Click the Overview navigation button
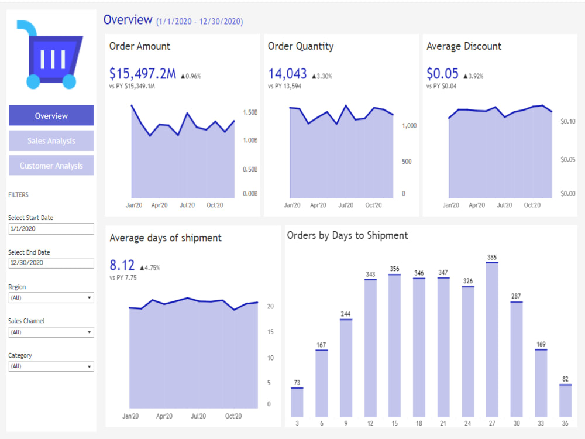tap(51, 115)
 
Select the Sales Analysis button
tap(51, 140)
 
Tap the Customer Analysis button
tap(51, 166)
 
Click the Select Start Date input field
tap(51, 229)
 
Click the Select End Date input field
tap(51, 263)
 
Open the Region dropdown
tap(51, 297)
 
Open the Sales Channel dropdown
tap(51, 332)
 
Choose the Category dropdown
tap(51, 366)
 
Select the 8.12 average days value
tap(122, 265)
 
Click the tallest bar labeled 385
tap(492, 339)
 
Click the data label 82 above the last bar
tap(565, 379)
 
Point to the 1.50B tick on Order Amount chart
tap(250, 112)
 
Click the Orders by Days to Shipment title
tap(347, 235)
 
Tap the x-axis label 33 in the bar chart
tap(541, 423)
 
